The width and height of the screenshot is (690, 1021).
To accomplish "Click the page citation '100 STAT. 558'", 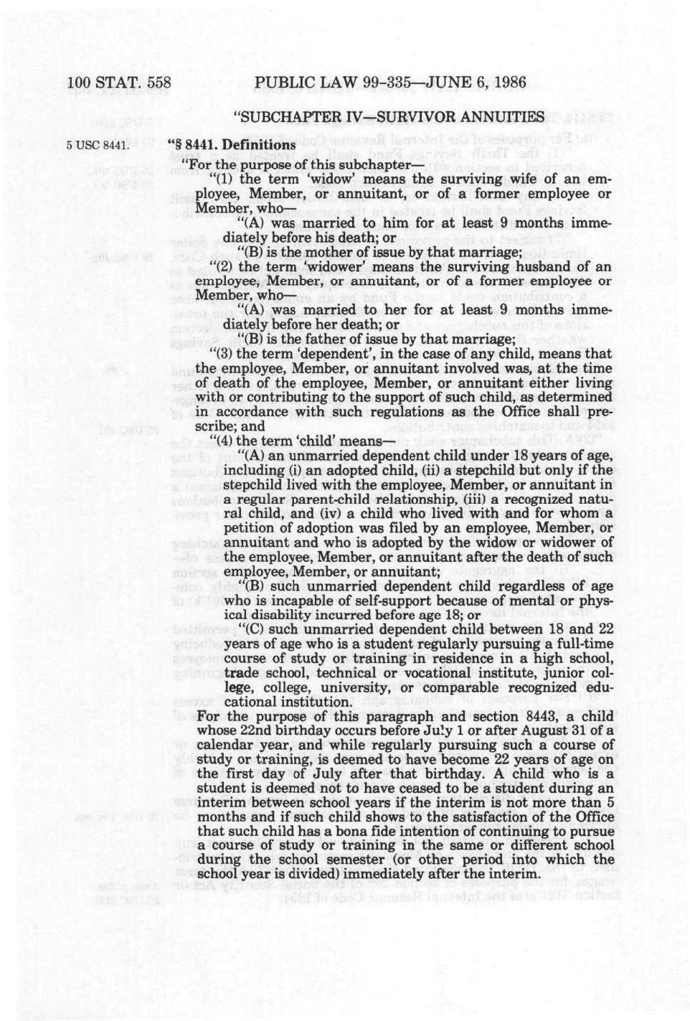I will click(118, 83).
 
